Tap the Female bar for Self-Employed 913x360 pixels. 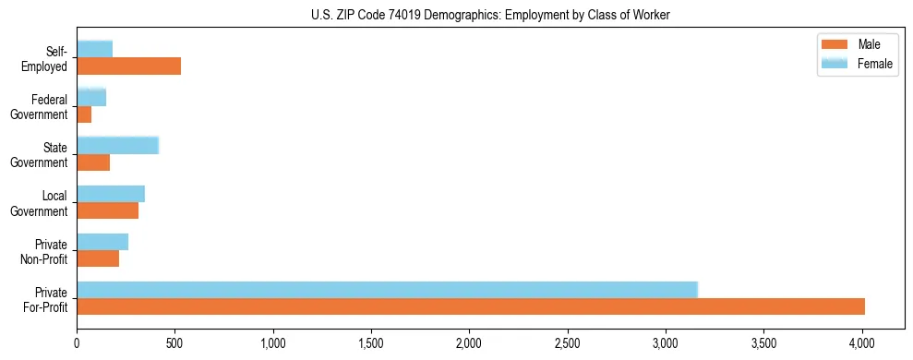pos(94,49)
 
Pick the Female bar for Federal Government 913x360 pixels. pos(91,97)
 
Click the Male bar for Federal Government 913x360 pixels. pos(84,114)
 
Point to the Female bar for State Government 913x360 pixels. pos(117,145)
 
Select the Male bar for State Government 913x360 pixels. pos(93,162)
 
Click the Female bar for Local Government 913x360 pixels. pos(111,193)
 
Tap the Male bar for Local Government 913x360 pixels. pos(107,210)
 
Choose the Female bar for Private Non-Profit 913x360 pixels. pos(102,241)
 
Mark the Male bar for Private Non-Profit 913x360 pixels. pos(98,258)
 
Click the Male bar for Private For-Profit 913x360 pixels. pos(471,306)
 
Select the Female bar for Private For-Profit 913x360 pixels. pos(387,289)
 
